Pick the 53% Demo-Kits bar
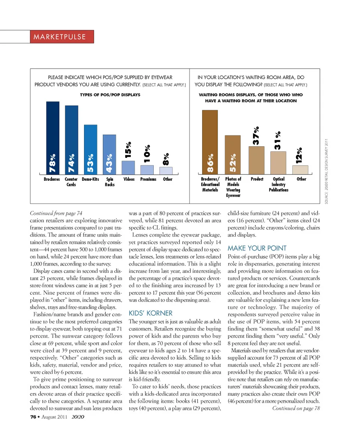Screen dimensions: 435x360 tap(90, 149)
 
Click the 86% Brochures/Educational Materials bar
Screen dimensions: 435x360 tap(210, 142)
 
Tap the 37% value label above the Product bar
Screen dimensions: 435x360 tap(256, 136)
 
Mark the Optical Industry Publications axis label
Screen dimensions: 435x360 tap(279, 184)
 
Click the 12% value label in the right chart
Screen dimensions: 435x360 tap(299, 155)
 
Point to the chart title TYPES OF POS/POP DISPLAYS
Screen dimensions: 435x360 tap(110, 95)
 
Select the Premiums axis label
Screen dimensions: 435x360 tap(148, 179)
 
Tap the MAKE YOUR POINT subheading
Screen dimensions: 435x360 tap(257, 248)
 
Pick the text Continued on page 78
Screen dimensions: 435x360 tap(296, 408)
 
